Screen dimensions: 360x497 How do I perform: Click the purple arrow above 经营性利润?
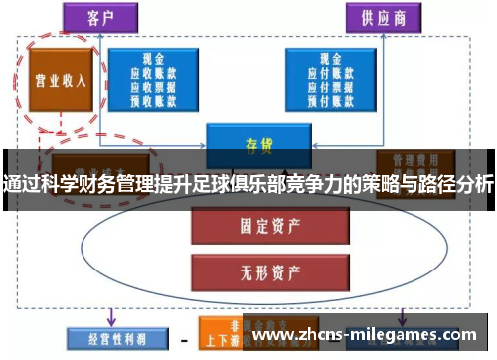tap(110, 315)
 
